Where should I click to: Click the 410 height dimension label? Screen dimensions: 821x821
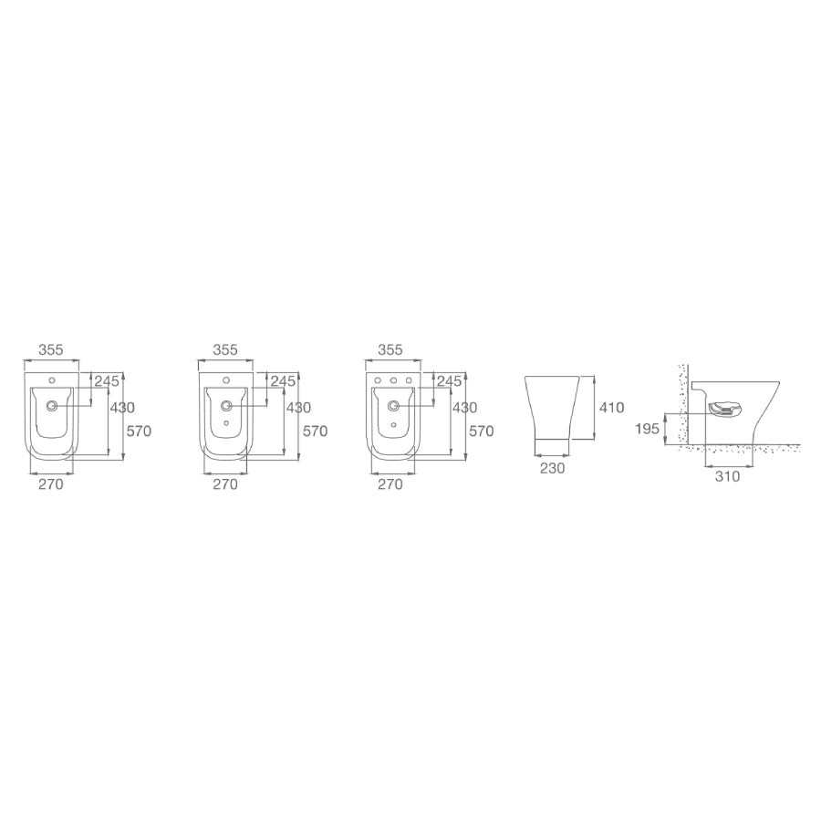(x=612, y=408)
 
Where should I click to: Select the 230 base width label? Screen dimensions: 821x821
(x=553, y=468)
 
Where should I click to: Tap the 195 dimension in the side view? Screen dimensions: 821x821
(x=648, y=428)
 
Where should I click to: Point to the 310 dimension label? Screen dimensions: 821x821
(x=727, y=475)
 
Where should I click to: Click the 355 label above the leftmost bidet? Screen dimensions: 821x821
(x=50, y=349)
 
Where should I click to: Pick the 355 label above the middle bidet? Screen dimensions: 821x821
(x=225, y=349)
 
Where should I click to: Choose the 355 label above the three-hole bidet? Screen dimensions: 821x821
(x=390, y=349)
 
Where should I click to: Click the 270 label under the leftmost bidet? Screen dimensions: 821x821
(x=50, y=484)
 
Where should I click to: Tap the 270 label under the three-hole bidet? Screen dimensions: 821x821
(x=390, y=484)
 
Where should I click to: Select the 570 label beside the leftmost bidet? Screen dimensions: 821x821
(x=140, y=431)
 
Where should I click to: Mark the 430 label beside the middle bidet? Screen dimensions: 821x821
(x=298, y=408)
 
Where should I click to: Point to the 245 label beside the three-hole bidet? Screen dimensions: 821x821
(x=449, y=381)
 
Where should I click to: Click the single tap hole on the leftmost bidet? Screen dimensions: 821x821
(x=52, y=379)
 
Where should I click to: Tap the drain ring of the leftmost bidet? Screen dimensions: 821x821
(x=52, y=404)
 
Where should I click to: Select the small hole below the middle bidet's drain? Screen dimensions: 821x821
(x=226, y=424)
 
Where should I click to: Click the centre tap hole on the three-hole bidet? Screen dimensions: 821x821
(x=392, y=379)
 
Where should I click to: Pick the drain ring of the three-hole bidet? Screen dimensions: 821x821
(x=392, y=404)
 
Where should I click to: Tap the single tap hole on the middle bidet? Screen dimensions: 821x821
(x=226, y=379)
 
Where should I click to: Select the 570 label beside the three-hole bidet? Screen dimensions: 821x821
(x=480, y=431)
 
